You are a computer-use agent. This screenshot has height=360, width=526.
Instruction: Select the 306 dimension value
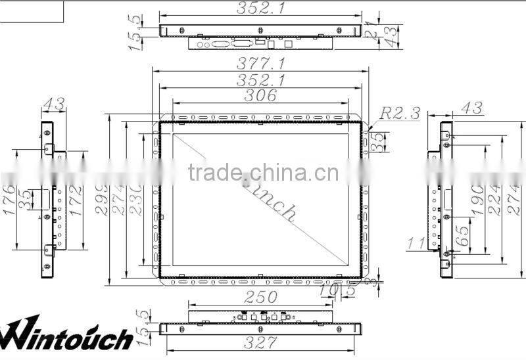[261, 96]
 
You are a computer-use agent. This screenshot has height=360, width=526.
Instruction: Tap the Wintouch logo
[66, 335]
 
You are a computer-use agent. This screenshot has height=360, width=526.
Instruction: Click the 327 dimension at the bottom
[260, 342]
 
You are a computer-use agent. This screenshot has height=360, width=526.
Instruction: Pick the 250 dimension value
[260, 296]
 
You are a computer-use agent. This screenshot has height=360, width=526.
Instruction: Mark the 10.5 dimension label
[337, 290]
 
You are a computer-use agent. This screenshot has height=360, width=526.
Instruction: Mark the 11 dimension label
[416, 244]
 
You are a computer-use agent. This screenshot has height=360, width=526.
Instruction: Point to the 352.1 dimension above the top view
[260, 8]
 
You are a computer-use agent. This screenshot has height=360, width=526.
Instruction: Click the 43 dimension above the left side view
[53, 104]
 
